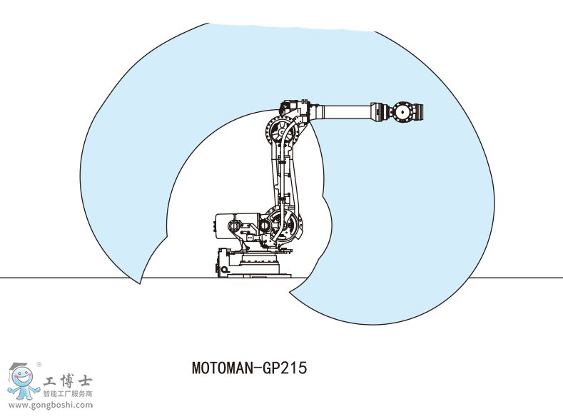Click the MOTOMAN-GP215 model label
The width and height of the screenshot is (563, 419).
[249, 369]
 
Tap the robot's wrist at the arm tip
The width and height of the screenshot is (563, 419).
[405, 111]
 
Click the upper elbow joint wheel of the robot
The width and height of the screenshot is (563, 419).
[280, 132]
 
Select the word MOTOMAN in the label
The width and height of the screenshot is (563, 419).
[218, 369]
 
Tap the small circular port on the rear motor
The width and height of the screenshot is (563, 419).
[233, 226]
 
